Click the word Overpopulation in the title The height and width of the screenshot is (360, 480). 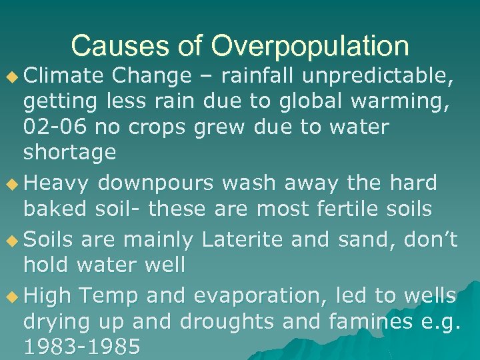pyautogui.click(x=310, y=47)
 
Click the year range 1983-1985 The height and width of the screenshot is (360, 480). pyautogui.click(x=81, y=347)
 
